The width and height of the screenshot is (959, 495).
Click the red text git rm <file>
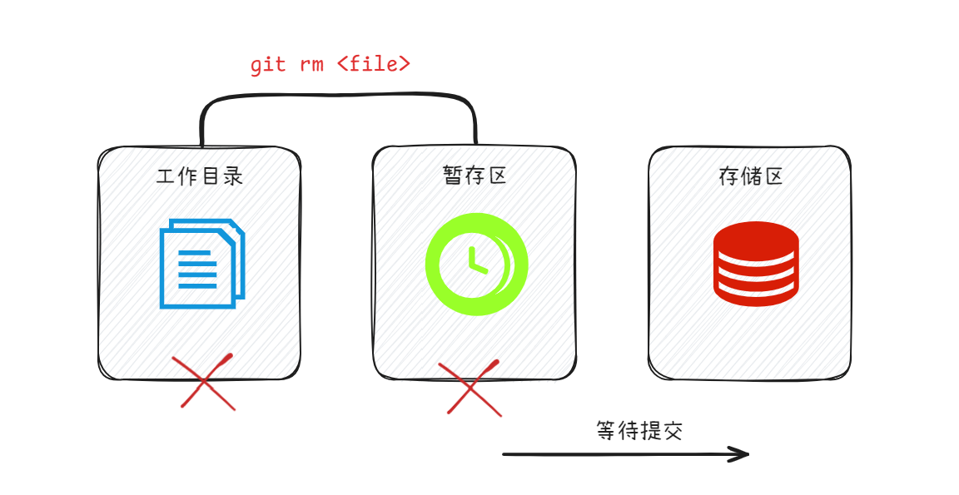tap(330, 64)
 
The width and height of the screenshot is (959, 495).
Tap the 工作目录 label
tap(200, 176)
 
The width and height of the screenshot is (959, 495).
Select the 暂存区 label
tap(475, 176)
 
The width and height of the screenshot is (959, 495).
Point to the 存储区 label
tap(751, 176)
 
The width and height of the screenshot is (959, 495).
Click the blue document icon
tap(201, 263)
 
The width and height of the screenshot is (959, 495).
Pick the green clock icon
tap(476, 264)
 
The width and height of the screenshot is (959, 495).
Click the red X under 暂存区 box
tap(474, 387)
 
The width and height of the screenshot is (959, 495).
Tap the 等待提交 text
tap(639, 430)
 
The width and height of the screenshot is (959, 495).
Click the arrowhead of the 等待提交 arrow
tap(741, 453)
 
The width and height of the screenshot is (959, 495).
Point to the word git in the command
tap(268, 65)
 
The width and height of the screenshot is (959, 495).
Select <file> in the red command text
tap(374, 64)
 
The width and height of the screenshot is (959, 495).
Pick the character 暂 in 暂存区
tap(452, 176)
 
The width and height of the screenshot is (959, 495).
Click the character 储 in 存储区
tap(751, 176)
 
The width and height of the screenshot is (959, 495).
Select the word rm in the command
tap(311, 65)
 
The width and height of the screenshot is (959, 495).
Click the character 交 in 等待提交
tap(673, 430)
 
